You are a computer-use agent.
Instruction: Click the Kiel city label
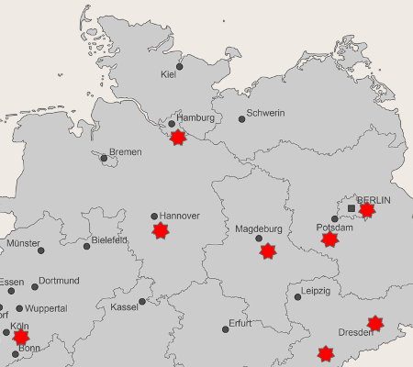click(168, 74)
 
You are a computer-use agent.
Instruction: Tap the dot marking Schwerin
click(241, 119)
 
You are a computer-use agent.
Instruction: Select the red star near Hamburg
click(178, 137)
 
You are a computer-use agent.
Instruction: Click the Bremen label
click(125, 151)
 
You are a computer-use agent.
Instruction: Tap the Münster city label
click(23, 244)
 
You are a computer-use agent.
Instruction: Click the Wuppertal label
click(47, 309)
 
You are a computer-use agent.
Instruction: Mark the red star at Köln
click(21, 337)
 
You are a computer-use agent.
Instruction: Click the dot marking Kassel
click(142, 301)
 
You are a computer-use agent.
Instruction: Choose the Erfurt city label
click(240, 324)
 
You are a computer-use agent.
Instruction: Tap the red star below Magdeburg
click(266, 250)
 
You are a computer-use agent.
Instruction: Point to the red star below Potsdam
click(329, 239)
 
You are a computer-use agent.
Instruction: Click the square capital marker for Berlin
click(352, 208)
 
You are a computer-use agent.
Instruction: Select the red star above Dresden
click(374, 323)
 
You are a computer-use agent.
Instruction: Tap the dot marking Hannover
click(154, 217)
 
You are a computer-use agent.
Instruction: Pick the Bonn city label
click(29, 349)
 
